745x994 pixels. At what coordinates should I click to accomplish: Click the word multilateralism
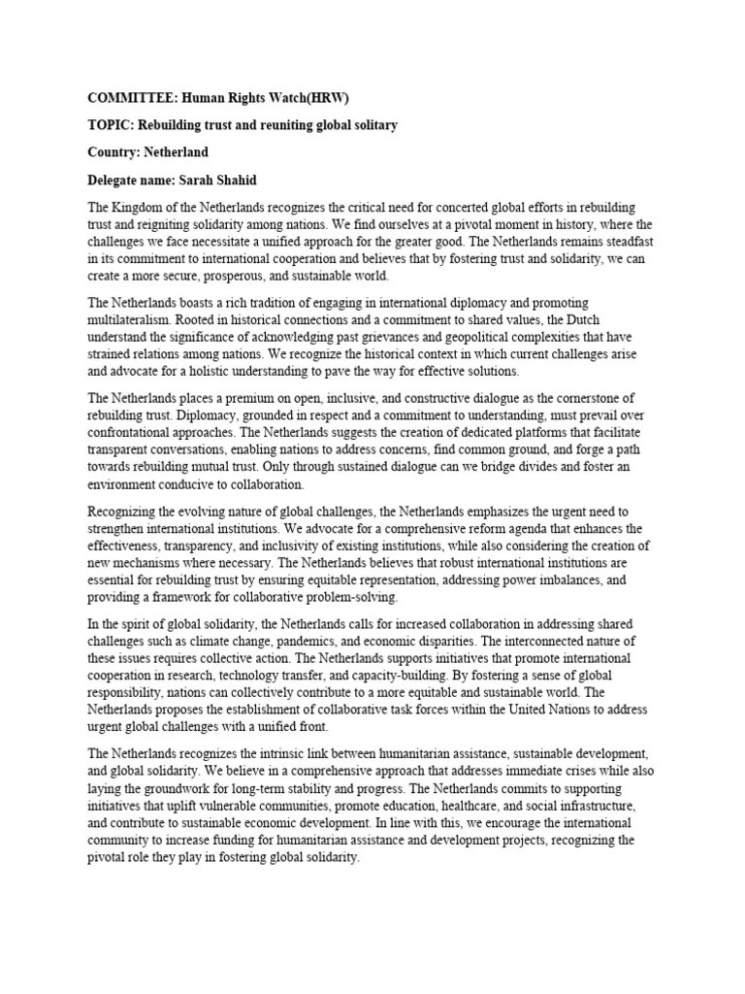(135, 321)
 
